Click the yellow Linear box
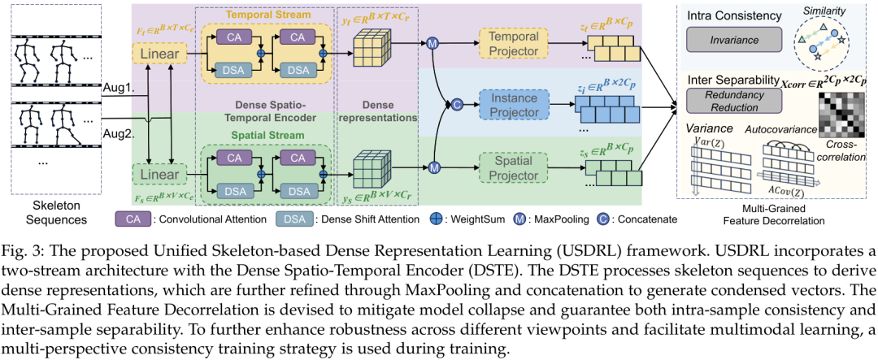159,55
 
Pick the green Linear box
159,174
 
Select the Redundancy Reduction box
734,100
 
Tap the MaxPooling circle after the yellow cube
432,44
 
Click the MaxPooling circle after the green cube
432,166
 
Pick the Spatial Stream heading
264,136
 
